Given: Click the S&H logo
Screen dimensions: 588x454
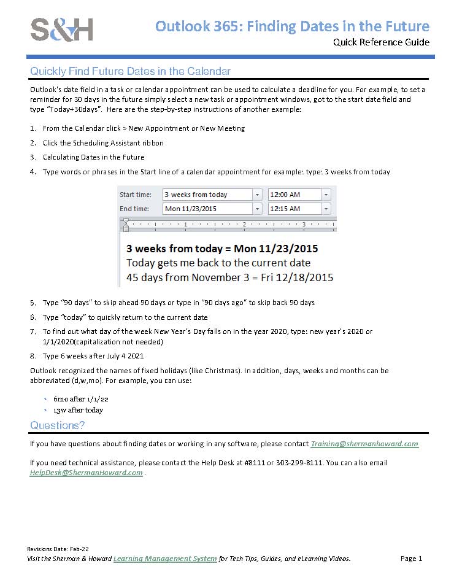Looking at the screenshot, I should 62,29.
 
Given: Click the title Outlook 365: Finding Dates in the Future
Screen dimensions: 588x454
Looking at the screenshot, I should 292,26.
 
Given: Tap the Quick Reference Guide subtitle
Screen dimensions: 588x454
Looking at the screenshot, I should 381,42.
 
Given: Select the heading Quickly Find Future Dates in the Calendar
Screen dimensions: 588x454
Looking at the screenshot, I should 130,71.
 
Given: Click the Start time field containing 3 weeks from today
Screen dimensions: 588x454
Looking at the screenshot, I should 207,195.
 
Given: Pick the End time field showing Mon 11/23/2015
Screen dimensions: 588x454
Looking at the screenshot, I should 207,209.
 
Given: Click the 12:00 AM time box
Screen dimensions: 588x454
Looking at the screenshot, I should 294,195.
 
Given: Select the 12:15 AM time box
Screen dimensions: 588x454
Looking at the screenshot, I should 294,209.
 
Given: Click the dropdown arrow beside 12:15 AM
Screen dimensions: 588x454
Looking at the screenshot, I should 326,209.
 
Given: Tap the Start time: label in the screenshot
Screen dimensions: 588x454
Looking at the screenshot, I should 136,195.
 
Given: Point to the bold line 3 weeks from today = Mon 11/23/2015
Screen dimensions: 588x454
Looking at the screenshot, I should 222,249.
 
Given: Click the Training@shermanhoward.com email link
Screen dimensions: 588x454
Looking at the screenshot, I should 364,444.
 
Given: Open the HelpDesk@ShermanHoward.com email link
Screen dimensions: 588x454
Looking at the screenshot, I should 86,473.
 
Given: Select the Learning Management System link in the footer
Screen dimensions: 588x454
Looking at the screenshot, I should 165,559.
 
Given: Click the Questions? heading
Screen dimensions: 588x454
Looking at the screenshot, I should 58,425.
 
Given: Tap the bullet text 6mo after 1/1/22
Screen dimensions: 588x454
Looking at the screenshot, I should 80,398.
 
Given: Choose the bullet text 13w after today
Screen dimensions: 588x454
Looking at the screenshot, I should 78,410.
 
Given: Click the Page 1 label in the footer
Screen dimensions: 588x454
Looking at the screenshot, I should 411,559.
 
